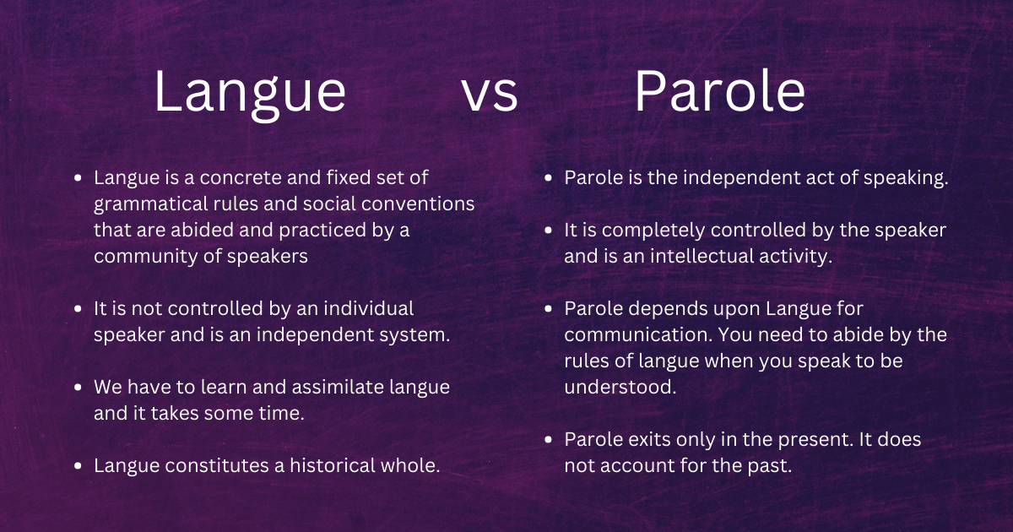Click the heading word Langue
pos(249,93)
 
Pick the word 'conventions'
pos(425,204)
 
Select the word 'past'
pos(773,465)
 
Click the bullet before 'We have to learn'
pos(79,388)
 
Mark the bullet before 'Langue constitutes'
pos(79,465)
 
